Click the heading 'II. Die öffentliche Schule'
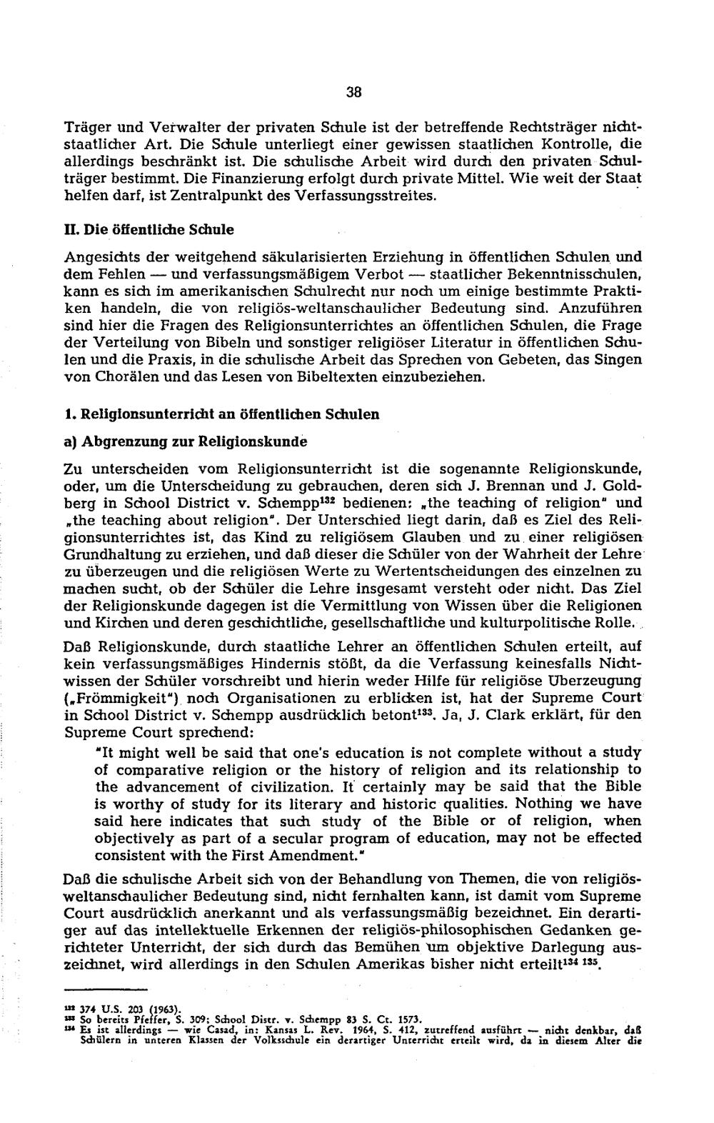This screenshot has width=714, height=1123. [x=149, y=230]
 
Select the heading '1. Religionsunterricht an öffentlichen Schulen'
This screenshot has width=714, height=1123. [x=222, y=414]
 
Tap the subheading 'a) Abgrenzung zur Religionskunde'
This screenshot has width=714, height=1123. [x=186, y=441]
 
